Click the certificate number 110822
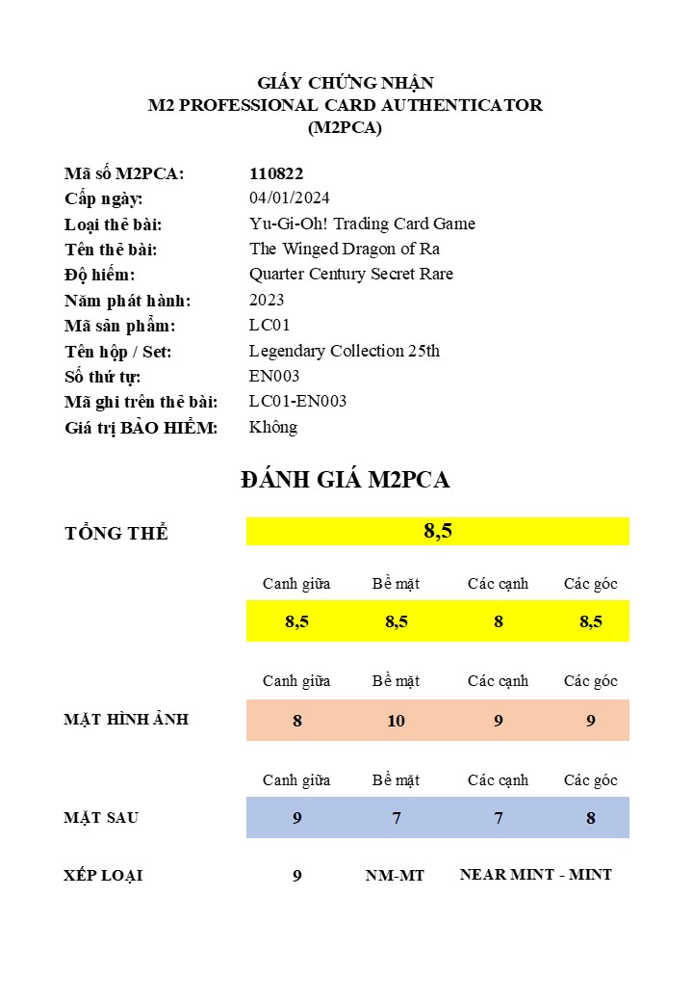click(x=276, y=173)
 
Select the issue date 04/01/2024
click(x=289, y=198)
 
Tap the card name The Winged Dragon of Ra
click(x=345, y=249)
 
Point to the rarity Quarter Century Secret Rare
click(x=350, y=274)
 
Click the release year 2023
click(x=267, y=300)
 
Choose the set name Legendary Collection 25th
click(x=344, y=351)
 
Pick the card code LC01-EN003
click(x=297, y=401)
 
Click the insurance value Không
click(x=273, y=427)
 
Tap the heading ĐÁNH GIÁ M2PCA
click(x=346, y=480)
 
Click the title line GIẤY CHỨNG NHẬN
click(x=346, y=83)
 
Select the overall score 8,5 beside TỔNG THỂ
click(x=438, y=531)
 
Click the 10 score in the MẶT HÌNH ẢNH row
click(x=396, y=721)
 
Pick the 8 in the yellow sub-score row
click(x=499, y=621)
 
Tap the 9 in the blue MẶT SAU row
click(x=297, y=818)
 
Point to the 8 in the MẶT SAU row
click(x=591, y=818)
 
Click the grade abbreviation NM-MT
click(x=395, y=876)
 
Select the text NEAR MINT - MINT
click(x=535, y=875)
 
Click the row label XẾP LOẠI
click(x=103, y=876)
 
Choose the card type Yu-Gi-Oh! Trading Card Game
click(x=362, y=224)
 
